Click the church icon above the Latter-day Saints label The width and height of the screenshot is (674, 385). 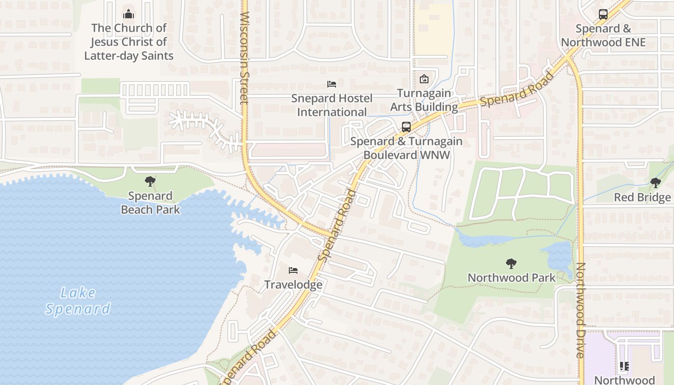point(129,13)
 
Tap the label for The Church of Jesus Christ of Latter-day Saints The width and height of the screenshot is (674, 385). point(129,42)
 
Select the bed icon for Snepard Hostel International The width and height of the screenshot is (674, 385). point(332,84)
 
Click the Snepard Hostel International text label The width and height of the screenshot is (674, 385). point(332,105)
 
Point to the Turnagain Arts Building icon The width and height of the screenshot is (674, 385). point(424,79)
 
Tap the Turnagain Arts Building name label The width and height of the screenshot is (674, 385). point(424,100)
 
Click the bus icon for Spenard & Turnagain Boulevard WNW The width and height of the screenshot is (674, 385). point(406,127)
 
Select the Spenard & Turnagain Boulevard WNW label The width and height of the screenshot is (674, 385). point(406,148)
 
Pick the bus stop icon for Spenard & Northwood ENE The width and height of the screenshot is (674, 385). point(603,14)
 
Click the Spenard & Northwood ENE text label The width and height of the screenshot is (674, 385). point(603,35)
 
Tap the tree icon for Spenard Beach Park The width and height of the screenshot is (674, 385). point(150,181)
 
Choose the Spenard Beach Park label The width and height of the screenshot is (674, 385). point(150,203)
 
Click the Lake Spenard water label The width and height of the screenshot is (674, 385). point(78,300)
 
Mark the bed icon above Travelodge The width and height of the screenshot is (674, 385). point(293,270)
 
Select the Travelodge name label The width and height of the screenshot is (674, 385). point(293,284)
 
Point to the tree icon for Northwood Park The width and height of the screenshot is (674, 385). point(511,263)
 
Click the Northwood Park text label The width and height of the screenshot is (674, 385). point(511,278)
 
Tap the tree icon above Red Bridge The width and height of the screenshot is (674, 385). point(655,183)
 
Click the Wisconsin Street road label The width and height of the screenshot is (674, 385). point(244,58)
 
